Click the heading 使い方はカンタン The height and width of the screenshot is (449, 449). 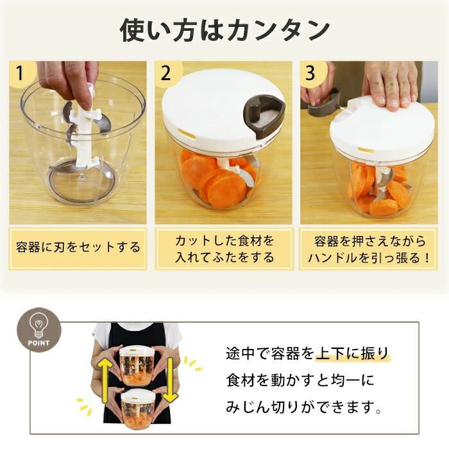pos(224,30)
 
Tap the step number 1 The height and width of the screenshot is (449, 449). pos(19,73)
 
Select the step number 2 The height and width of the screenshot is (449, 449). pos(165,73)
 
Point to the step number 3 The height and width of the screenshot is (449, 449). pos(310,73)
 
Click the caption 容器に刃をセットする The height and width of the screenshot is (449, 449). pos(78,248)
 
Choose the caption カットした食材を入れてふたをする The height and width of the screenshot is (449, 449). pos(224,249)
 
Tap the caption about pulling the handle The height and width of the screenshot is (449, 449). pos(369,250)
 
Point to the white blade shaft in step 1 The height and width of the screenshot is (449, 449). pos(85,129)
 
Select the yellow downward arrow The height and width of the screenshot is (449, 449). pos(171,380)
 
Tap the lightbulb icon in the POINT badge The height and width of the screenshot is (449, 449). pos(39,325)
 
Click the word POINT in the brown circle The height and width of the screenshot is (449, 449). pos(38,343)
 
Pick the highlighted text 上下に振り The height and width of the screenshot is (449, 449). pos(352,353)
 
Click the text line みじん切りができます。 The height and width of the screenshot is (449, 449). pos(304,407)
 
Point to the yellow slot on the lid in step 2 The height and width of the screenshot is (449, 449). pos(187,133)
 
